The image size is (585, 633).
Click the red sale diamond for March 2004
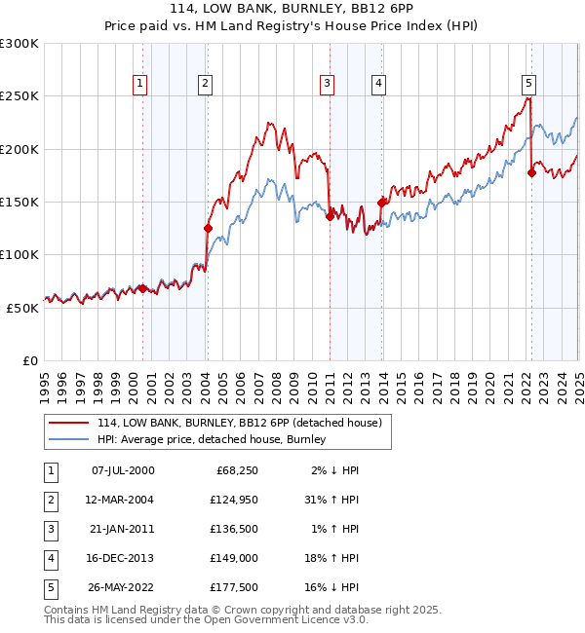tap(208, 228)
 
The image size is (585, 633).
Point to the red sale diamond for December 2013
tap(381, 202)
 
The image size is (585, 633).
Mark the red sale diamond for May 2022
tap(531, 173)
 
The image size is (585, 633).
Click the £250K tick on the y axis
tap(19, 96)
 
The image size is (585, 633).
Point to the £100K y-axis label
tap(19, 254)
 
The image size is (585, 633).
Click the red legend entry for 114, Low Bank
tap(244, 423)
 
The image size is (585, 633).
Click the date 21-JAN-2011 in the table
tap(122, 529)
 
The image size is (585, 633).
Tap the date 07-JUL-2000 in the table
tap(122, 470)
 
